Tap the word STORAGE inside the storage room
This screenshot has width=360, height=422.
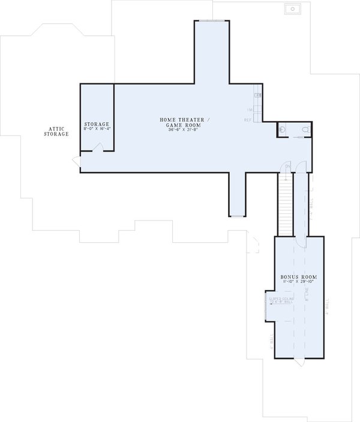[x=97, y=124]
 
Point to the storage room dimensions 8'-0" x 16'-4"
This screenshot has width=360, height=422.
[x=97, y=129]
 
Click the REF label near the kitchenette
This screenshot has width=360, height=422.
[x=247, y=120]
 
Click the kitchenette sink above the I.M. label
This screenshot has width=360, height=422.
[x=257, y=96]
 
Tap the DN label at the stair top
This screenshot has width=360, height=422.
[x=288, y=166]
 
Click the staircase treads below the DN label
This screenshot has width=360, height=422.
[x=284, y=204]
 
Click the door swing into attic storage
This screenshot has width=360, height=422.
[x=76, y=160]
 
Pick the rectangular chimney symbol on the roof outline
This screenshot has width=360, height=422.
[x=292, y=9]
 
